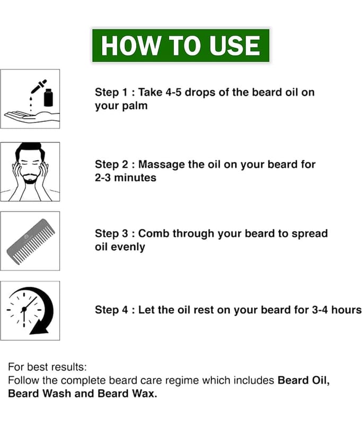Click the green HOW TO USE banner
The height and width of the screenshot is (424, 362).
(181, 46)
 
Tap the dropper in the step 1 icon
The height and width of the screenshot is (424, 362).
(39, 86)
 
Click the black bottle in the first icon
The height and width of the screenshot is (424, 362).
(48, 98)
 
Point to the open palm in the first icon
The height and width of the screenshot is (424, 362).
(31, 117)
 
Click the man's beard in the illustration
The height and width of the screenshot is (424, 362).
(30, 179)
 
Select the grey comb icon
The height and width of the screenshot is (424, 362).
(31, 241)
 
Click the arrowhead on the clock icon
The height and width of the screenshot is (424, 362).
(39, 328)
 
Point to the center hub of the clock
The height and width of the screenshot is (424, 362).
(24, 309)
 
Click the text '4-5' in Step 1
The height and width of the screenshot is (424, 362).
(173, 92)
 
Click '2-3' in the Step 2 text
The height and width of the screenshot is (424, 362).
(103, 178)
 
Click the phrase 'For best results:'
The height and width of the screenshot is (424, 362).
(48, 367)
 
